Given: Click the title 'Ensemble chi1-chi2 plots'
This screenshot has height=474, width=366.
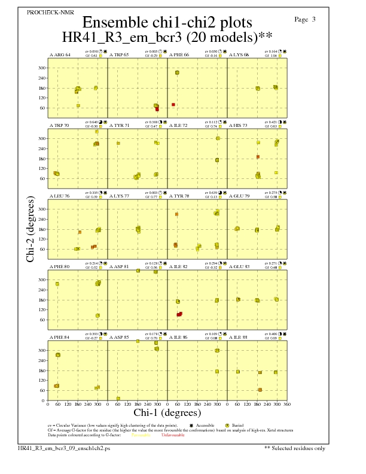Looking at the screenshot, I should coord(167,22).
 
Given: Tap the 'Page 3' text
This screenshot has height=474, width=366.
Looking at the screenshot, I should coord(305,19).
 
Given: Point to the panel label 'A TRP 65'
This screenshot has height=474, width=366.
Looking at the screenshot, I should coord(120,55).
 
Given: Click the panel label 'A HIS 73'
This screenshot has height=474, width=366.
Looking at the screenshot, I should coord(240,126).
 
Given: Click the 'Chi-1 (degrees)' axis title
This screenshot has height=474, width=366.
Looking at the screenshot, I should coord(167,412).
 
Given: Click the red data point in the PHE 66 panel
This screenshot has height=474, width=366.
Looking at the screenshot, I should coord(173,105).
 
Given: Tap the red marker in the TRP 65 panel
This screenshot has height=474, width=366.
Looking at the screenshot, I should coord(157,109).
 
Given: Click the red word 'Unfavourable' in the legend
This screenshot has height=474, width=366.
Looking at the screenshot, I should coord(173,435).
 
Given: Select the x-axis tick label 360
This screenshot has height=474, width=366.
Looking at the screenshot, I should coord(287,405).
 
